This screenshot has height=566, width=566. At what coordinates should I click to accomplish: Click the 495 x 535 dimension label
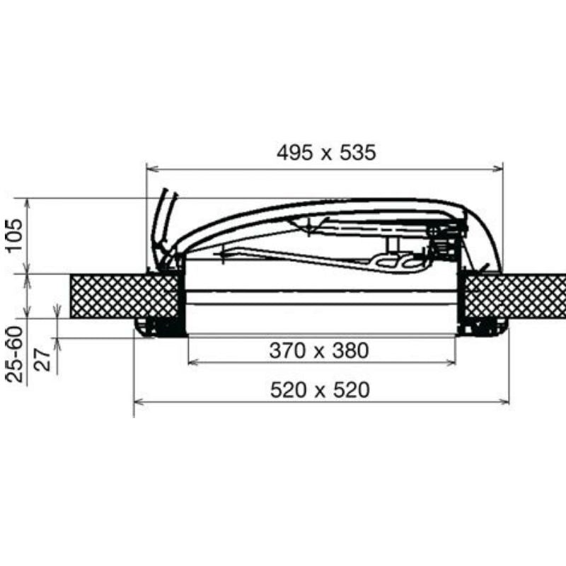pyautogui.click(x=326, y=152)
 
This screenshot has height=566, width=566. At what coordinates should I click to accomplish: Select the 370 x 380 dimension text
pyautogui.click(x=319, y=350)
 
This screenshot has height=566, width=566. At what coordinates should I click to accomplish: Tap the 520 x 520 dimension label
pyautogui.click(x=320, y=390)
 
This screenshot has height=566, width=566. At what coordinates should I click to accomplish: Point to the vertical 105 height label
pyautogui.click(x=15, y=235)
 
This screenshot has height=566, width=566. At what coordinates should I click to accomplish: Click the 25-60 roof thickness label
pyautogui.click(x=15, y=354)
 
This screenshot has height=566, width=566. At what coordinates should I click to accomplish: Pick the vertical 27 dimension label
pyautogui.click(x=42, y=359)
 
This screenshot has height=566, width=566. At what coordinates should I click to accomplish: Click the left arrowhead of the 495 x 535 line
pyautogui.click(x=151, y=168)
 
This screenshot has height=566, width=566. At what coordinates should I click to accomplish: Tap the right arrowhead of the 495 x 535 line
pyautogui.click(x=498, y=168)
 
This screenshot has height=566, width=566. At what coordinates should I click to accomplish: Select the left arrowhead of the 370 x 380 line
pyautogui.click(x=193, y=362)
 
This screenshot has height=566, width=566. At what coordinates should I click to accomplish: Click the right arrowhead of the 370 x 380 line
pyautogui.click(x=451, y=362)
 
